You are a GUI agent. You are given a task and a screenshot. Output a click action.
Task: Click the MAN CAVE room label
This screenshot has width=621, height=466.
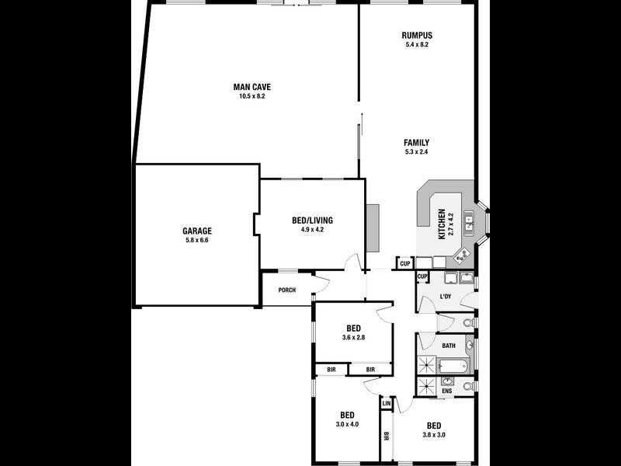[252, 86]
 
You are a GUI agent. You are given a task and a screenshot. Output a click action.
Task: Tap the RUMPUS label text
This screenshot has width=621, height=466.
[417, 36]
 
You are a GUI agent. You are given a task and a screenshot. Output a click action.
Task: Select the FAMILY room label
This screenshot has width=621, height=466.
[416, 142]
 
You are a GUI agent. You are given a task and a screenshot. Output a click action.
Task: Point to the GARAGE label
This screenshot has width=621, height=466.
[197, 231]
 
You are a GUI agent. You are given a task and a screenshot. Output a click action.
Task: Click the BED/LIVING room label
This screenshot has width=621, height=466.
[312, 221]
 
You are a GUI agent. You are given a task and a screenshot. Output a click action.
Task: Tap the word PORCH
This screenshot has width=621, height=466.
[287, 291]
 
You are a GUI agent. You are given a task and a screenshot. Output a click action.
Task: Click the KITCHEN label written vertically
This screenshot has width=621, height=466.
[442, 224]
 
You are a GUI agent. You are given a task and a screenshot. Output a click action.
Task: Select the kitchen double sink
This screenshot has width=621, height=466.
[469, 224]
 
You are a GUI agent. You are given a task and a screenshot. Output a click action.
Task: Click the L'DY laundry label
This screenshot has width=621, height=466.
[446, 297]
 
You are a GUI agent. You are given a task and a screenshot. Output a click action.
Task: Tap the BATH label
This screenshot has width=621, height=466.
[449, 346]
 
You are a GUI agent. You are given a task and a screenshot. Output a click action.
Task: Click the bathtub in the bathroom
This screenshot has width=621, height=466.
[452, 366]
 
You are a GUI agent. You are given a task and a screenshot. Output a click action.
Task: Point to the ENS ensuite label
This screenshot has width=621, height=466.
[447, 391]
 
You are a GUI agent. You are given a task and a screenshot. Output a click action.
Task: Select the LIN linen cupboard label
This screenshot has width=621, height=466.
[386, 404]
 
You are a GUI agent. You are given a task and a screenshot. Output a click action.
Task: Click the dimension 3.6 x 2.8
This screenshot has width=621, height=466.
[353, 337]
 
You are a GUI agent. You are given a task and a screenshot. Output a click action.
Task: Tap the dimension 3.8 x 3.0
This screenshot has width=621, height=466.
[433, 435]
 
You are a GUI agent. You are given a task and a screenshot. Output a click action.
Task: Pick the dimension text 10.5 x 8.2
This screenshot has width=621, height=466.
[252, 96]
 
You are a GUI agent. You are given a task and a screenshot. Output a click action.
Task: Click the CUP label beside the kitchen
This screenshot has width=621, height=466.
[404, 264]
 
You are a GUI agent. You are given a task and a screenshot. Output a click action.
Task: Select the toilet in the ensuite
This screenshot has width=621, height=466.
[467, 386]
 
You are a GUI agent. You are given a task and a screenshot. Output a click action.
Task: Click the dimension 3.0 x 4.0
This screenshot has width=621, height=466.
[347, 424]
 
